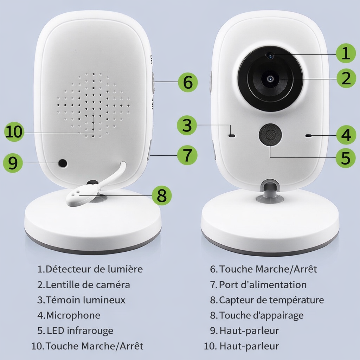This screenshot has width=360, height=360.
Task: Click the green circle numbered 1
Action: pyautogui.click(x=346, y=53)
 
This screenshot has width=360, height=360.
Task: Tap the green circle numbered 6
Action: pyautogui.click(x=188, y=82)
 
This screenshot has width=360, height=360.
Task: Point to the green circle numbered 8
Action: pyautogui.click(x=162, y=195)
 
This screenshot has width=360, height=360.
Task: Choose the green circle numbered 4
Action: pyautogui.click(x=346, y=135)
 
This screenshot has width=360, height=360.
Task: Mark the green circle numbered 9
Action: pyautogui.click(x=13, y=163)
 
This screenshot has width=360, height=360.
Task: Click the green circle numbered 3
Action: pyautogui.click(x=187, y=125)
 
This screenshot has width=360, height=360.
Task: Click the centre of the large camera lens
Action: pyautogui.click(x=270, y=79)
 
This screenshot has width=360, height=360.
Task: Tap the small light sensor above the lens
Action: pyautogui.click(x=270, y=55)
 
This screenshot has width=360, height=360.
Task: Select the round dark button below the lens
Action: pyautogui.click(x=270, y=135)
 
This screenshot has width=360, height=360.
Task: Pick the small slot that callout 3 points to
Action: pyautogui.click(x=232, y=135)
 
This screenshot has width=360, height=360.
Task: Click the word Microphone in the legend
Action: pyautogui.click(x=73, y=315)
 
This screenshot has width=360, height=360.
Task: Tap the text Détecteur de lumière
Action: pyautogui.click(x=94, y=269)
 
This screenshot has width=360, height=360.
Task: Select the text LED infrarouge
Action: pyautogui.click(x=80, y=331)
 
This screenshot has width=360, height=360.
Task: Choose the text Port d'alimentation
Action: pyautogui.click(x=263, y=284)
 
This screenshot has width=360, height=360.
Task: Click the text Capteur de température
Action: pyautogui.click(x=271, y=300)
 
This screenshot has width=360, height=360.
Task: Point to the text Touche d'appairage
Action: pyautogui.click(x=261, y=315)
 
